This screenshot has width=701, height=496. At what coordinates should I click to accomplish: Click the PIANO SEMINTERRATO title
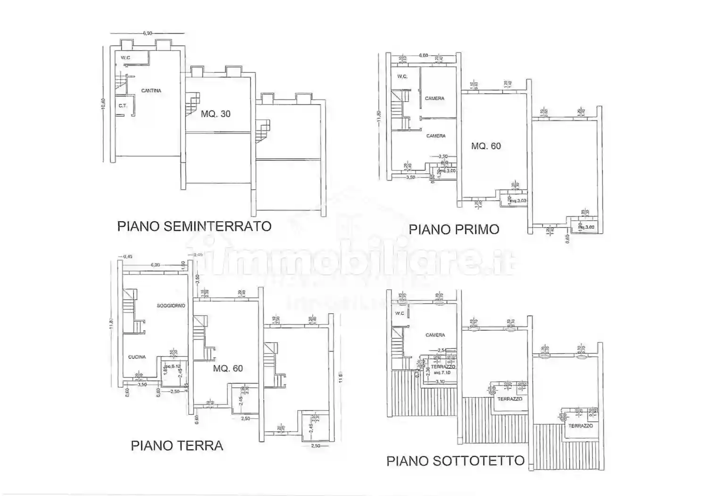pos(194,226)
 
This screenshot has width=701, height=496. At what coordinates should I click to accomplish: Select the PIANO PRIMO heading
pos(454,230)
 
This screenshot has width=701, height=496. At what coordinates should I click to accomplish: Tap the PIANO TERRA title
pos(177,445)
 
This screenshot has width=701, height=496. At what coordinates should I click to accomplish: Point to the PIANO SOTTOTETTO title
pos(455,461)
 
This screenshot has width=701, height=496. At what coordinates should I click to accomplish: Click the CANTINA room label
pos(151,91)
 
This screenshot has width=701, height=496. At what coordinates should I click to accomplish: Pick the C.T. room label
pos(123,106)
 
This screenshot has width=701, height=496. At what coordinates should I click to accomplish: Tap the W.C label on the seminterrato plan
pos(125,58)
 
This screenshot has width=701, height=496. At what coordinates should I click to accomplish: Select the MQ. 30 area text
pos(216,114)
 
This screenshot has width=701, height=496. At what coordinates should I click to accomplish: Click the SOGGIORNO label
pos(171,306)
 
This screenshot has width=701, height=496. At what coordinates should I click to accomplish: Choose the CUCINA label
pos(137,357)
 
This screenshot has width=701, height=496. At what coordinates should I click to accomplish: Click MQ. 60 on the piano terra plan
pos(228,368)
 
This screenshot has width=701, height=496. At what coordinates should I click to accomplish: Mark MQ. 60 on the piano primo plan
pos(486,146)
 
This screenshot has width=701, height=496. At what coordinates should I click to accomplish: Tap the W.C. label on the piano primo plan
pos(402,77)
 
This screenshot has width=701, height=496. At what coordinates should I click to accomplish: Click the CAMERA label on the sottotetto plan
pos(435,335)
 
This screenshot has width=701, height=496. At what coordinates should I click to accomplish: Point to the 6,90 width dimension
pos(147,34)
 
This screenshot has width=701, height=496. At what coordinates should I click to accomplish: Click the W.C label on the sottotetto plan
pos(400,313)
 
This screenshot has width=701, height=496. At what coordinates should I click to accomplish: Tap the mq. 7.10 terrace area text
pos(442,372)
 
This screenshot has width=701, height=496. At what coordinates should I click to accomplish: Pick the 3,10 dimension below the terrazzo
pos(440,381)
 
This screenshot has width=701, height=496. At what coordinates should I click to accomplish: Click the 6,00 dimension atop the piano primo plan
pos(423,55)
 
